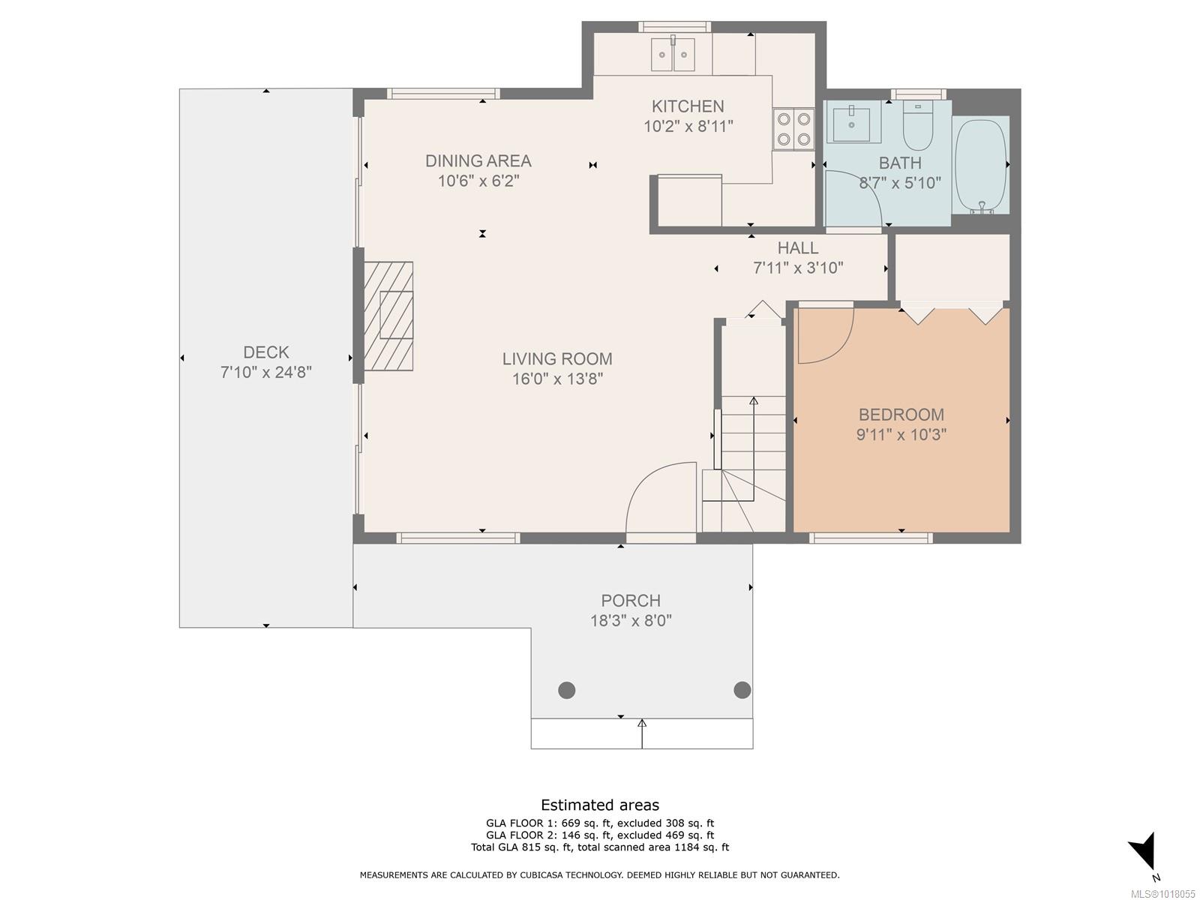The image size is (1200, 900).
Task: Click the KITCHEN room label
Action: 688,106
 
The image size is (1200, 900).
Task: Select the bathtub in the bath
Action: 981,166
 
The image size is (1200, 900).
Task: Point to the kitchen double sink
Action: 673,55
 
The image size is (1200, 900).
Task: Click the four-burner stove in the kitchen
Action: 793,130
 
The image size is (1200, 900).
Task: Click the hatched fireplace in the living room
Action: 388,316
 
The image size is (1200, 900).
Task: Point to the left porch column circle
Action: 567,690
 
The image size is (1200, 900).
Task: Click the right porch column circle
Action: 742,690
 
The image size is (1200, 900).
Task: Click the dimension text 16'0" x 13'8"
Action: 557,379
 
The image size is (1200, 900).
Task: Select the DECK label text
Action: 266,352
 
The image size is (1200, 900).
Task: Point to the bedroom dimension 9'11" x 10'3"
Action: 901,434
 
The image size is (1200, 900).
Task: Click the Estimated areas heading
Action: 600,805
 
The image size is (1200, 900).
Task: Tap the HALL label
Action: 798,248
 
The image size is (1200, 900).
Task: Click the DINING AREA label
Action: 478,161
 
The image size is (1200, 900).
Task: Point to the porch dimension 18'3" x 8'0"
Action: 631,621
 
